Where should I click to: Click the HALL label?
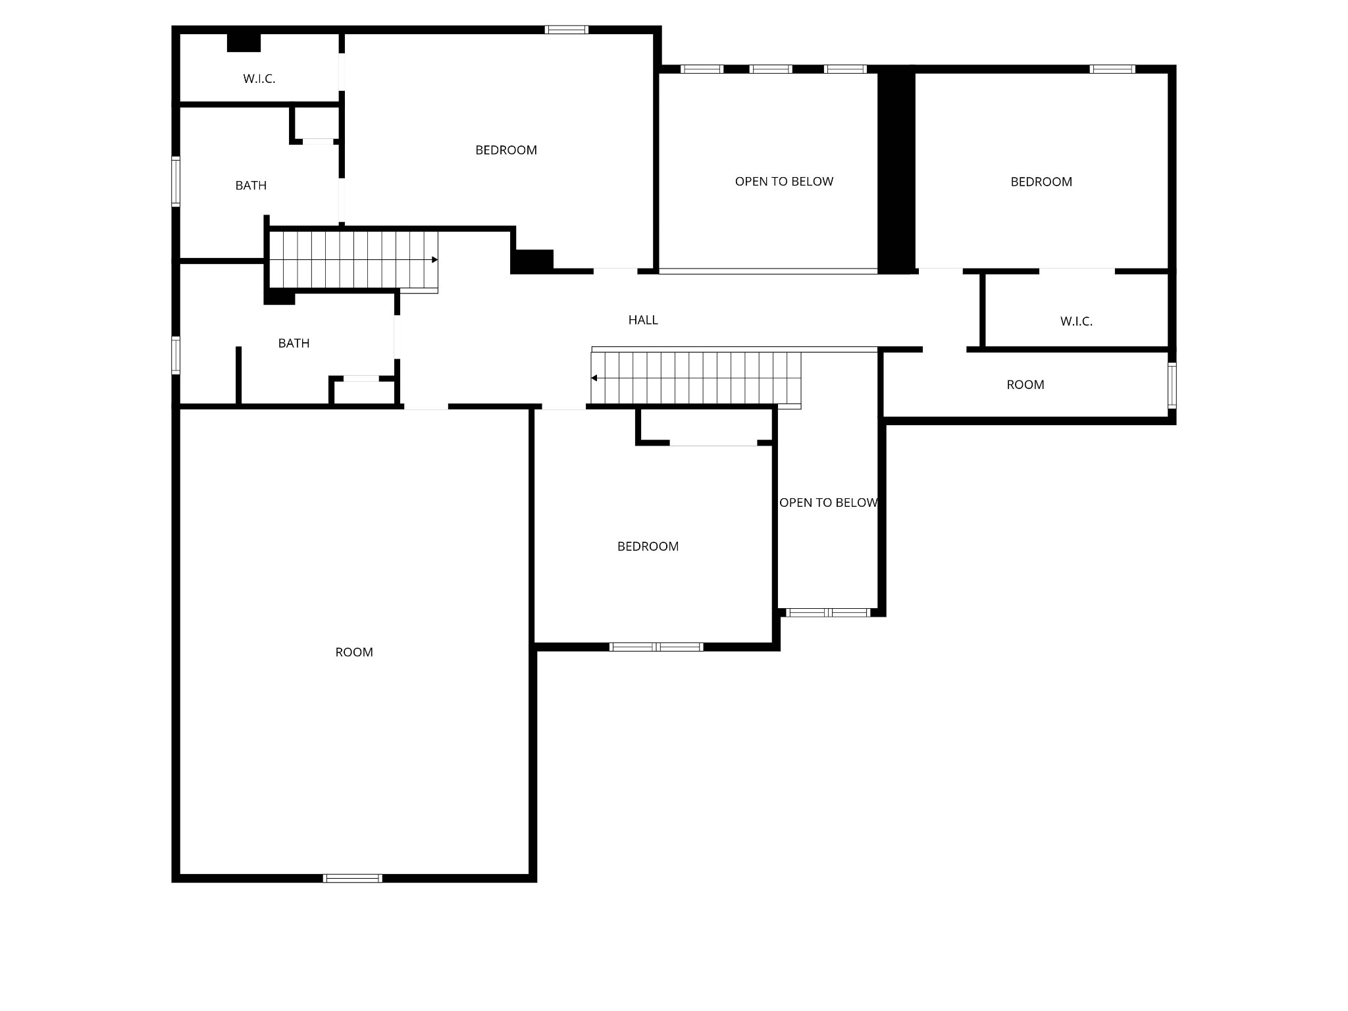[x=643, y=320]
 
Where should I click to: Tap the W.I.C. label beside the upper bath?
[x=259, y=79]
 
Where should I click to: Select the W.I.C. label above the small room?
[x=1076, y=321]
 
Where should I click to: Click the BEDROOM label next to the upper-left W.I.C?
[x=506, y=150]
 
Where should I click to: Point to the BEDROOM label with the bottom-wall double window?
[x=648, y=546]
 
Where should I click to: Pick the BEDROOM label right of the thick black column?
[x=1041, y=182]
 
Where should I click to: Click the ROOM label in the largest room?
[x=354, y=652]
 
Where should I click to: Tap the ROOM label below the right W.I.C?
[x=1025, y=385]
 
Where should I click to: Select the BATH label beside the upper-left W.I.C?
[x=251, y=186]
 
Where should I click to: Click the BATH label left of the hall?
[x=294, y=343]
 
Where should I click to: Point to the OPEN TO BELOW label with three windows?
[x=784, y=182]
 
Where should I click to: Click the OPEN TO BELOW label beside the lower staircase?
[x=828, y=503]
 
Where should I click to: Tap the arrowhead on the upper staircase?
[x=435, y=260]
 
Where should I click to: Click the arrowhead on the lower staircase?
[x=594, y=378]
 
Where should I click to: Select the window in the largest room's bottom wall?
[x=353, y=878]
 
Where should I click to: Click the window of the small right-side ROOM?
[x=1172, y=386]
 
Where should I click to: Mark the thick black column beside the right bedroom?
[x=896, y=170]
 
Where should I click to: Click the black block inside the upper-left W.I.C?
[x=244, y=42]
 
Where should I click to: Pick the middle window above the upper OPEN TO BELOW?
[x=771, y=69]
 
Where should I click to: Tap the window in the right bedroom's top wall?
[x=1112, y=69]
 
